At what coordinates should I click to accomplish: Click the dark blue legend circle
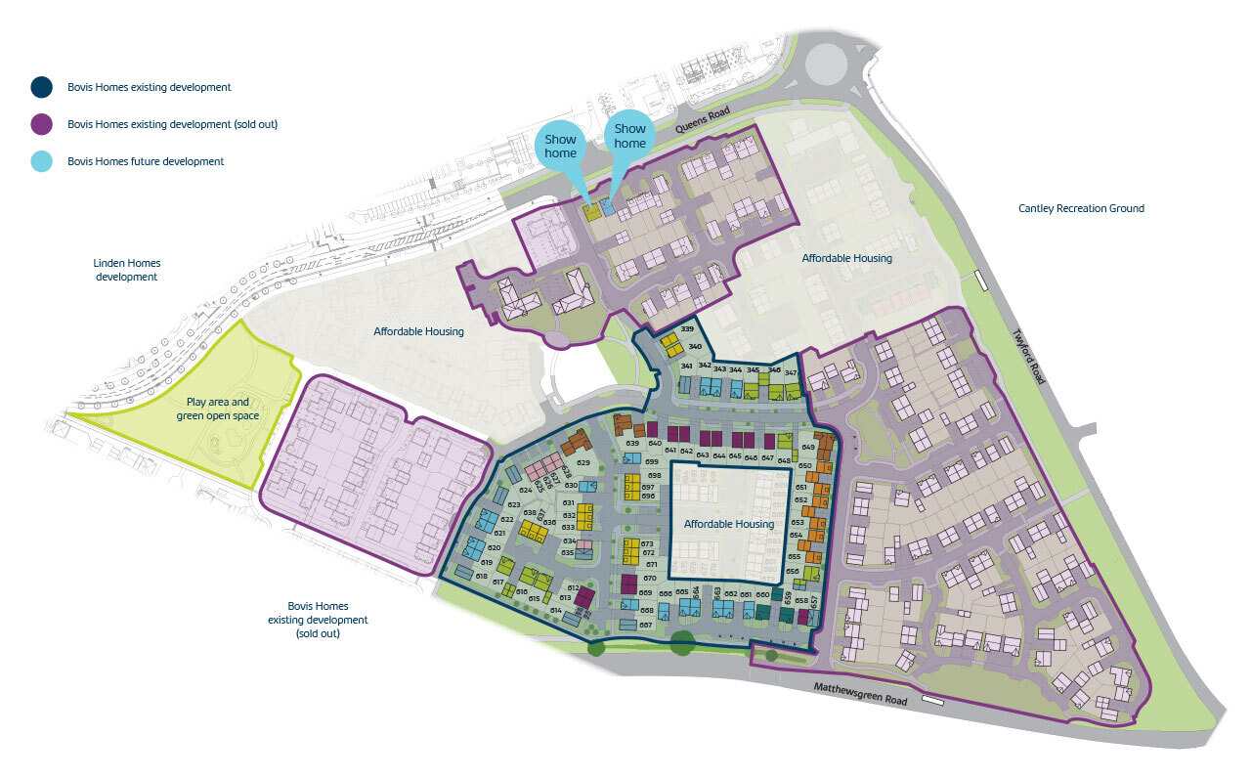click(41, 87)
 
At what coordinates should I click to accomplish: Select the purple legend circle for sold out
click(41, 124)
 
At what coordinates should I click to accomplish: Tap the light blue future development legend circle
click(41, 161)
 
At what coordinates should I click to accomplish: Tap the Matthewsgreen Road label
click(860, 695)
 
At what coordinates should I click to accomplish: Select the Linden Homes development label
click(127, 270)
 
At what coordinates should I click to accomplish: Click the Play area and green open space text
click(213, 409)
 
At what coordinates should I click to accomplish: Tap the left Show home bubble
click(561, 146)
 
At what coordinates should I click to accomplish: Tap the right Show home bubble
click(629, 136)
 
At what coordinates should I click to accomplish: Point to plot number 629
click(584, 463)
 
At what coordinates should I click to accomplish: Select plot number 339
click(687, 329)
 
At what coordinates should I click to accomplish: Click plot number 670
click(650, 578)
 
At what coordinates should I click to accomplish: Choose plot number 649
click(808, 447)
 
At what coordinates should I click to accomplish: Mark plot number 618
click(481, 576)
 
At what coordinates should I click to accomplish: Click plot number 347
click(791, 373)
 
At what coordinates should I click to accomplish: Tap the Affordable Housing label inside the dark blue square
click(728, 524)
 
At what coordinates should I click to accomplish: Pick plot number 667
click(646, 625)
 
